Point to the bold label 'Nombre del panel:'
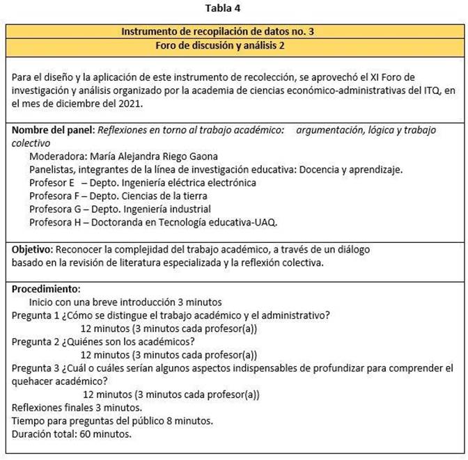[53, 130]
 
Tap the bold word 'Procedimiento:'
[46, 289]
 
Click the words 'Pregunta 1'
[36, 315]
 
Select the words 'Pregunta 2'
[36, 341]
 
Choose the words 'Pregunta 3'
[36, 367]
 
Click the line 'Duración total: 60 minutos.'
[72, 434]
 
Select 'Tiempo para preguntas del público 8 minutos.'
[112, 421]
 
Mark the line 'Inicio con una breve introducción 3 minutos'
[125, 302]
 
